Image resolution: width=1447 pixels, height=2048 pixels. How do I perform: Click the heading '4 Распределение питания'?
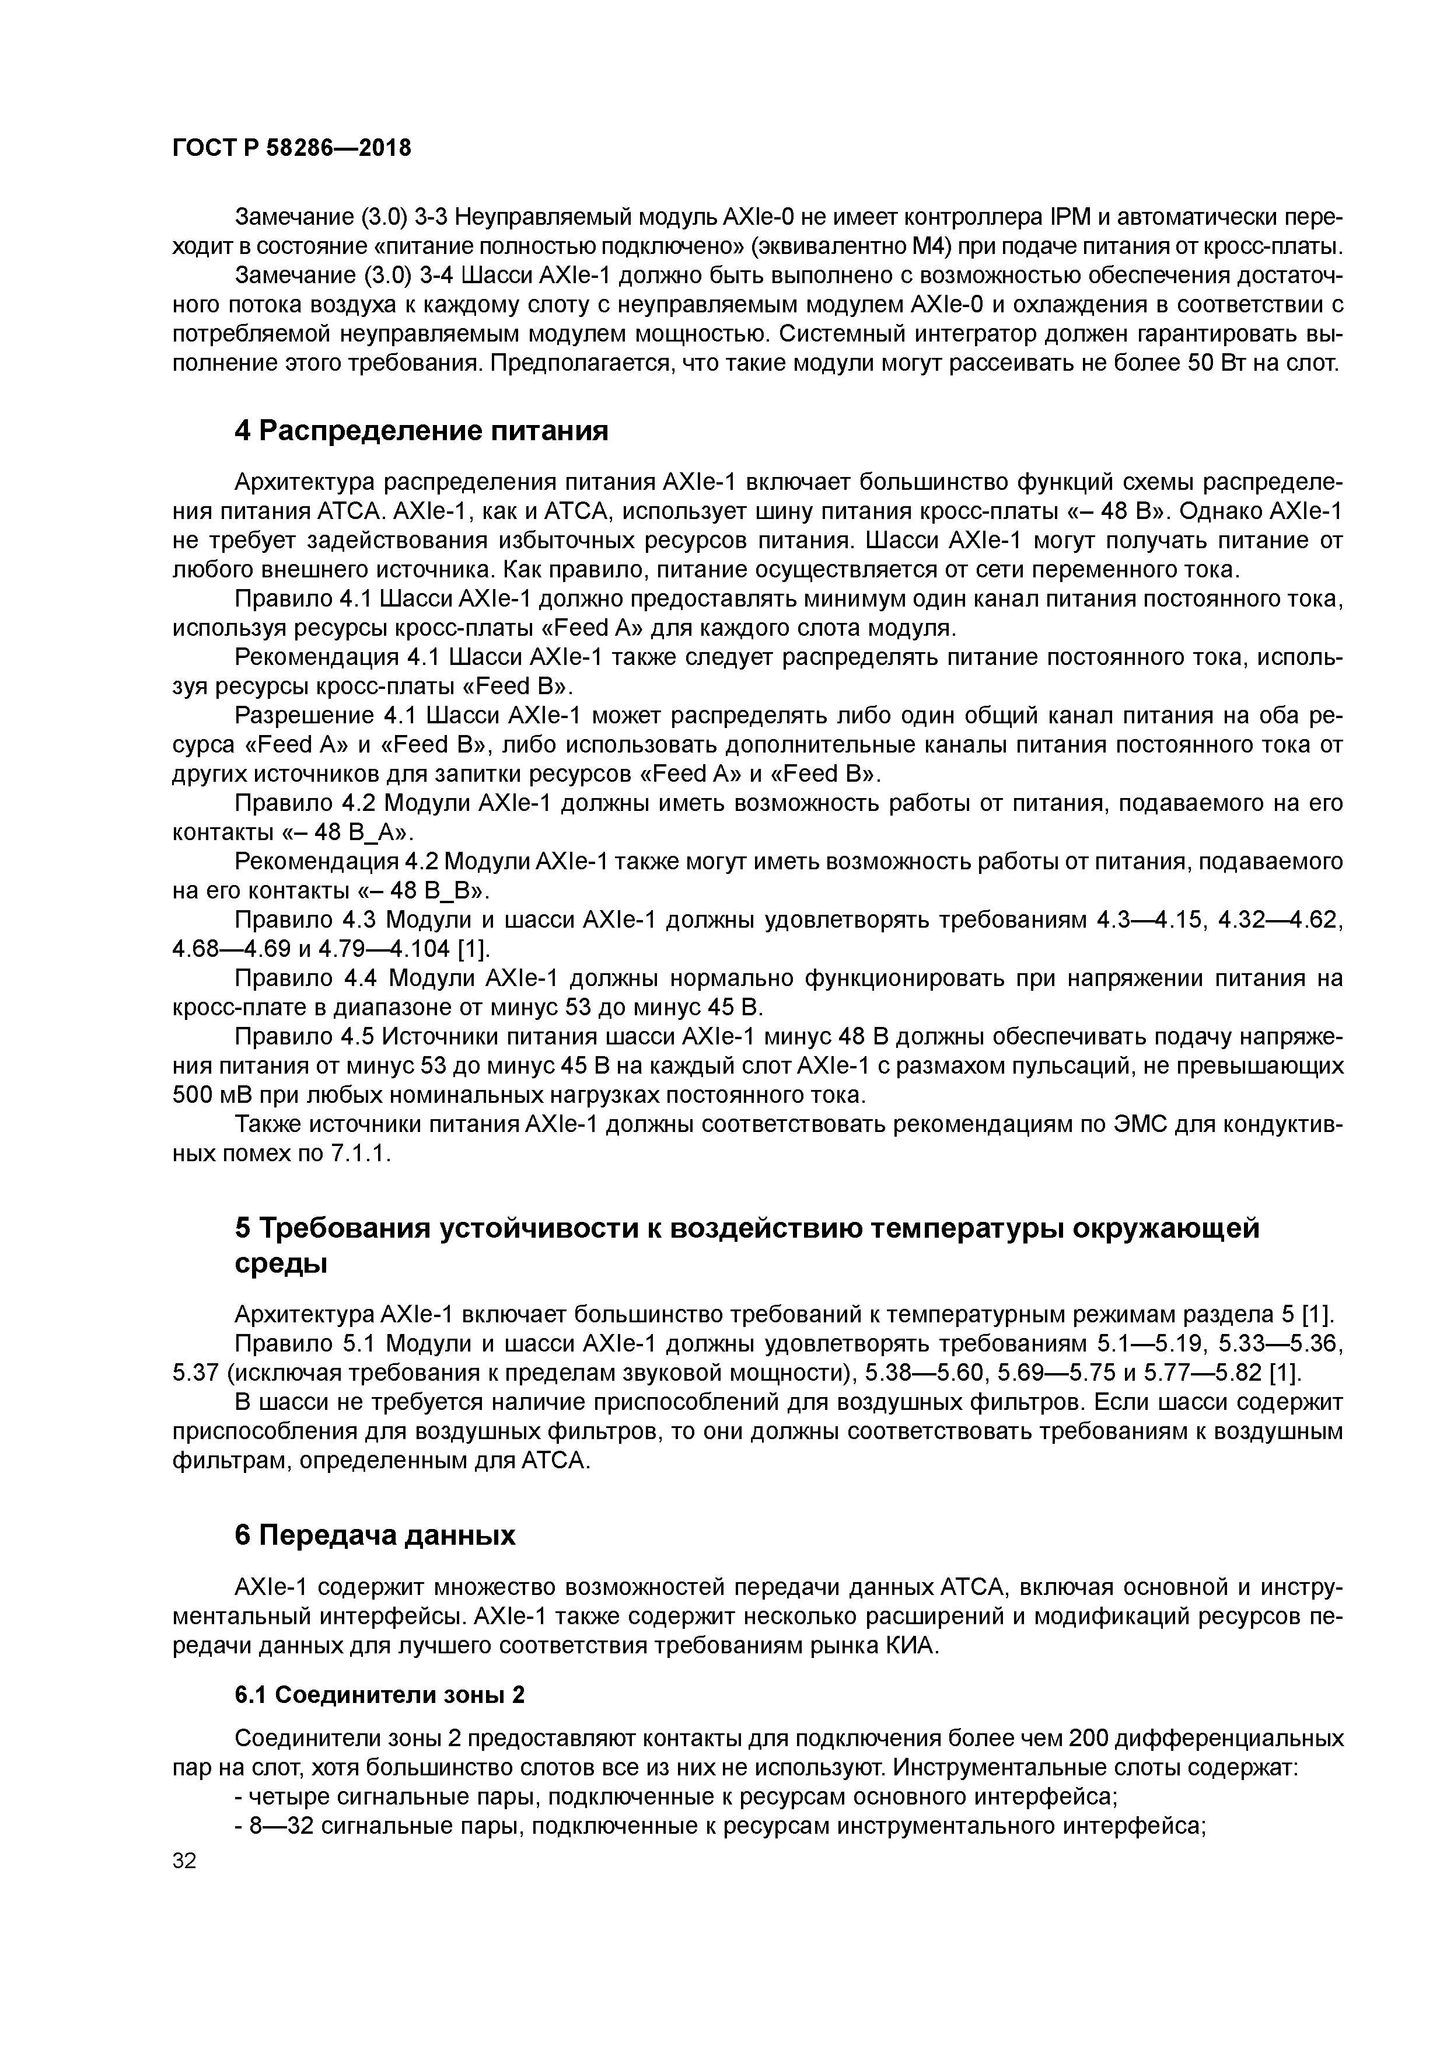[x=421, y=431]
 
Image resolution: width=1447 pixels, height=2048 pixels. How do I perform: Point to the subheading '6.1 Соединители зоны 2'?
[x=379, y=1695]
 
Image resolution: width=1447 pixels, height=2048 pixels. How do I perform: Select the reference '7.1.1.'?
[x=361, y=1154]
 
